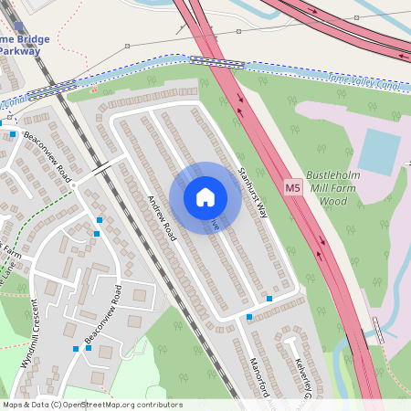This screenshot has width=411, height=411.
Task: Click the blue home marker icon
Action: (x=205, y=197)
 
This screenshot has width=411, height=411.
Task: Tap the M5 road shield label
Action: (x=292, y=188)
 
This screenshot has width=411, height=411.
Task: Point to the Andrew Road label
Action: (x=160, y=219)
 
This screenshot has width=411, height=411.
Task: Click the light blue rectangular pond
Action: (x=379, y=150)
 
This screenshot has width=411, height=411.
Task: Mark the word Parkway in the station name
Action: (x=20, y=52)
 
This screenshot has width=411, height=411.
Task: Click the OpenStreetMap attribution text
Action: (x=91, y=405)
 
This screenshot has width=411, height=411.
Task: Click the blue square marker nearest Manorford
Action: (x=249, y=317)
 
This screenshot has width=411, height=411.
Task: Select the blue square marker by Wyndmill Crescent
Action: (x=75, y=349)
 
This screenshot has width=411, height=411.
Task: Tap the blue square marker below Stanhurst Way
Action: (x=269, y=299)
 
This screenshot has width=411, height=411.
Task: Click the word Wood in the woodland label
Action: (x=333, y=200)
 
